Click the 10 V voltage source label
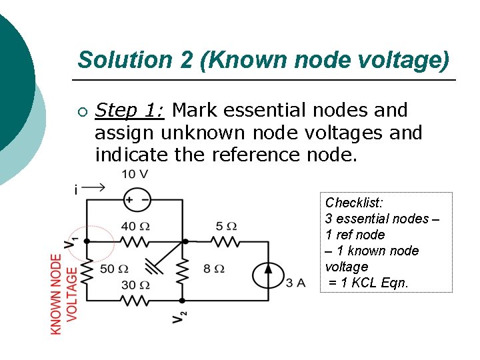pos(134,175)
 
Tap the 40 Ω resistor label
pos(135,227)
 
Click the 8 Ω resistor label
pos(214,269)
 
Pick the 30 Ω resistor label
pos(135,285)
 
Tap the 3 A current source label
pos(295,283)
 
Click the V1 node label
pos(73,243)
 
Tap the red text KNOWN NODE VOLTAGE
pos(64,293)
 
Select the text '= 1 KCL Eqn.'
pos(367,283)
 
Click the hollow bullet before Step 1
pos(81,111)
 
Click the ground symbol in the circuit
pos(153,267)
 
